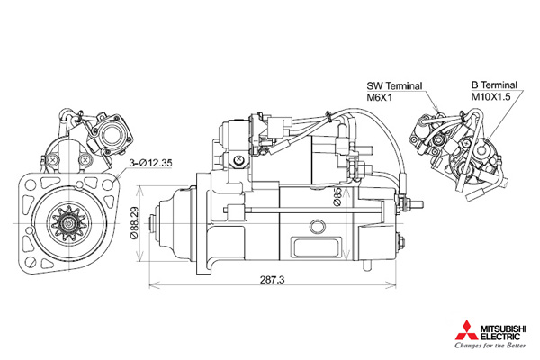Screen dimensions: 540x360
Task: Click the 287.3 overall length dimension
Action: (x=272, y=279)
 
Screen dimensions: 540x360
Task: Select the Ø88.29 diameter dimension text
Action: (x=134, y=223)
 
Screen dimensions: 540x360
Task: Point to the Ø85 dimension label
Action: (x=337, y=197)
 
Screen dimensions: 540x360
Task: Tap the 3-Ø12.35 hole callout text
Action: (x=150, y=163)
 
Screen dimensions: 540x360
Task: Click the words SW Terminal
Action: (x=394, y=85)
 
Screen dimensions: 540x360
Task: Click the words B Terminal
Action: (x=494, y=85)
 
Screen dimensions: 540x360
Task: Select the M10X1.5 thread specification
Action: (x=490, y=97)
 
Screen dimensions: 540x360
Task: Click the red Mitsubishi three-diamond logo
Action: (x=466, y=330)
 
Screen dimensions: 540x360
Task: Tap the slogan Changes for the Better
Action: (x=490, y=346)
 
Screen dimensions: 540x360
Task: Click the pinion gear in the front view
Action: (x=69, y=223)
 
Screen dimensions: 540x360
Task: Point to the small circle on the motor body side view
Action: (x=317, y=227)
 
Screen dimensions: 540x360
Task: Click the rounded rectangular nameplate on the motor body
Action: (x=317, y=248)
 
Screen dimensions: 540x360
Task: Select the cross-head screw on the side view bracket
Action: (x=238, y=159)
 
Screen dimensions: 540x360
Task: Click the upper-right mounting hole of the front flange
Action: (x=109, y=185)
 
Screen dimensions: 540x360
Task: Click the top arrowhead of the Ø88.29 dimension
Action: (x=139, y=191)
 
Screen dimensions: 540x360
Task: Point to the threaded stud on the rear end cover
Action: (x=412, y=203)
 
